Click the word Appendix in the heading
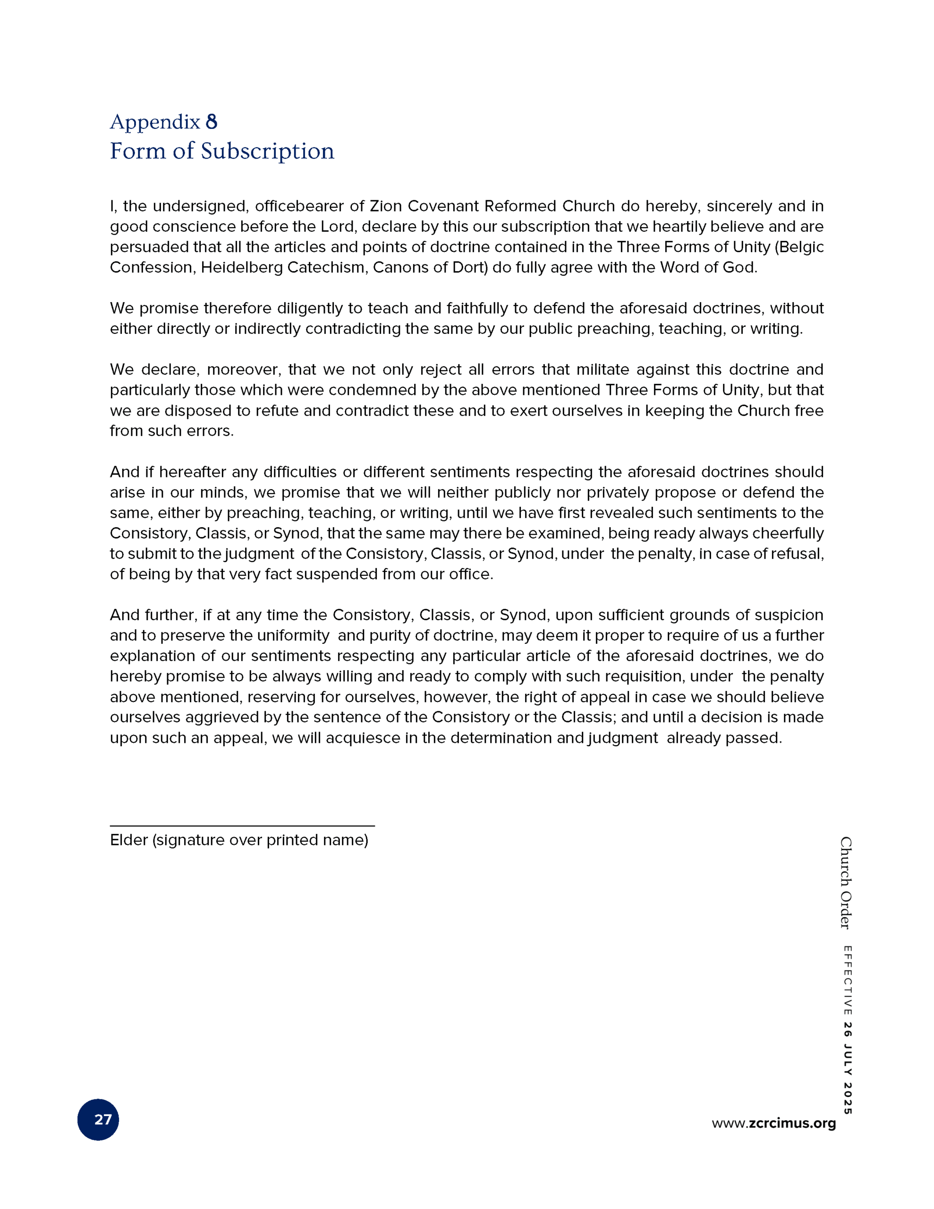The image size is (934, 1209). (154, 122)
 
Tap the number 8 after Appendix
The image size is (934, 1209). (212, 122)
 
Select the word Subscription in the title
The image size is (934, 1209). (267, 151)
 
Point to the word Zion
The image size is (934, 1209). (386, 206)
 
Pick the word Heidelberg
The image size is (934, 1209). (241, 267)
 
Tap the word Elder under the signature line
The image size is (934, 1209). (129, 840)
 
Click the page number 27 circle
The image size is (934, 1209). (98, 1119)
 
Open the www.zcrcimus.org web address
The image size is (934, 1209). (773, 1123)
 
